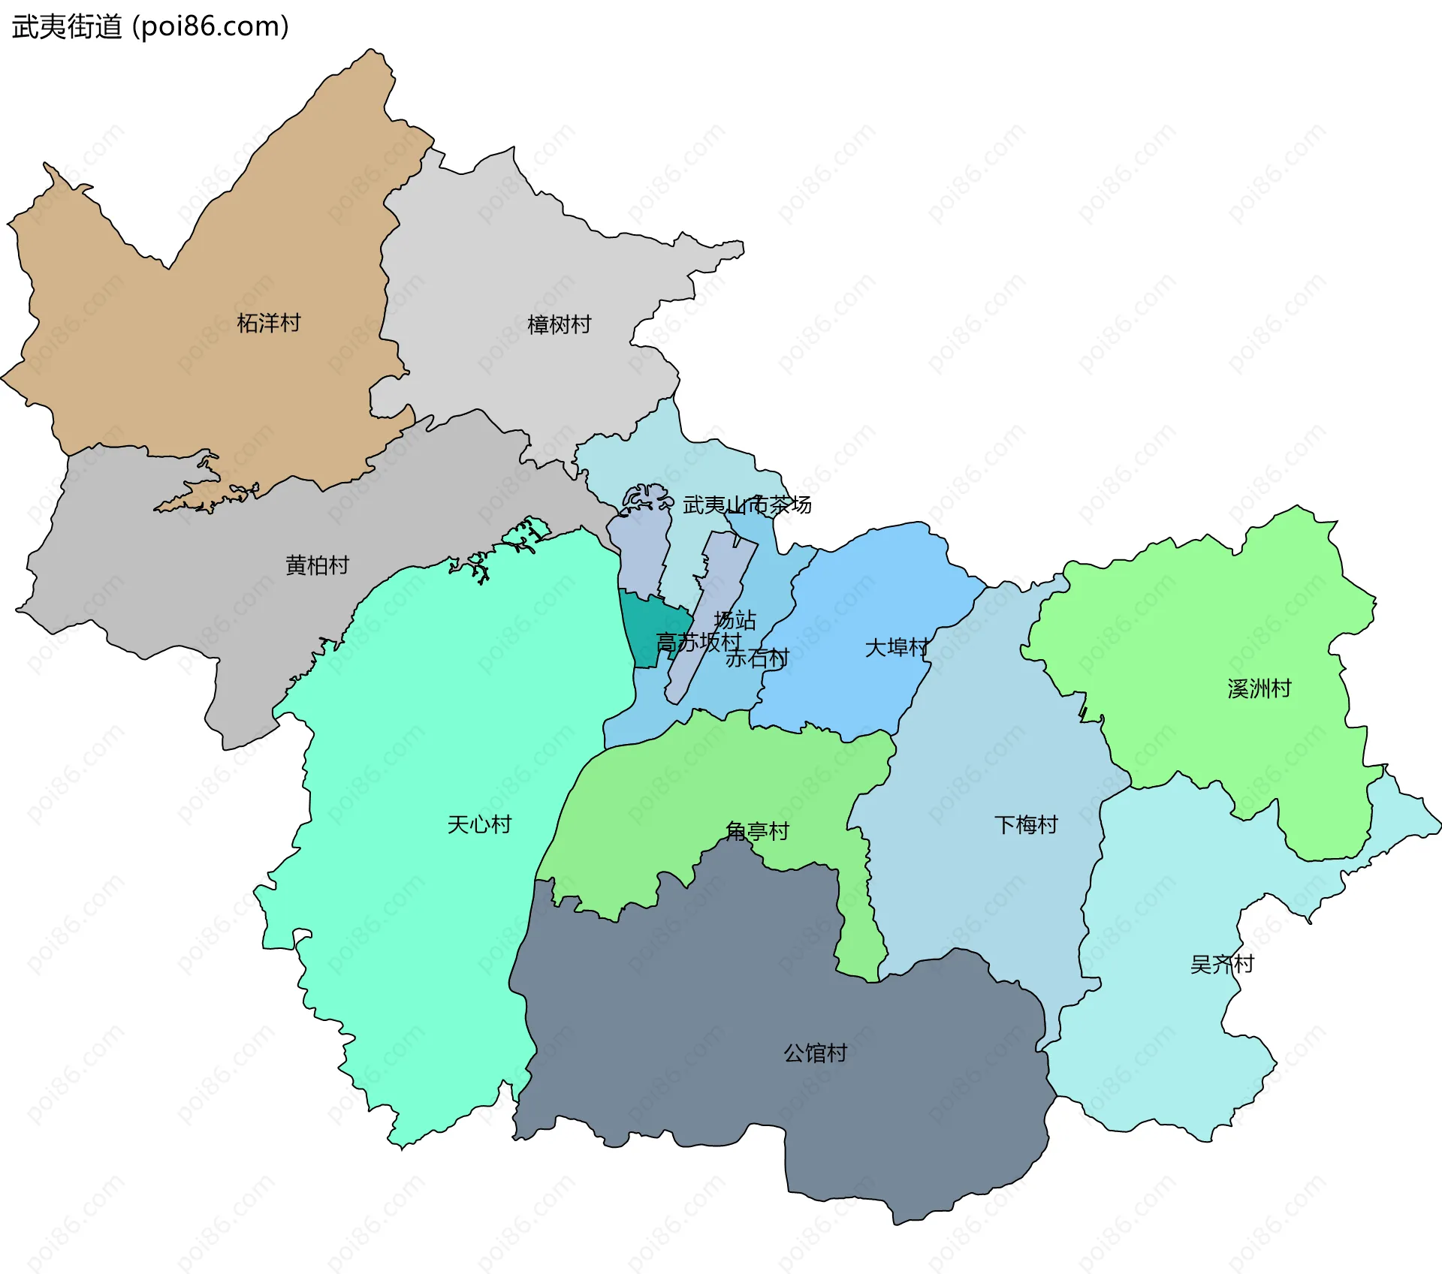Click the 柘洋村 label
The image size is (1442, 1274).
point(268,323)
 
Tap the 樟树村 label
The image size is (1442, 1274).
point(559,324)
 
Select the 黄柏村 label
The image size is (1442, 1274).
point(317,565)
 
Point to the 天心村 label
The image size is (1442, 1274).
point(478,824)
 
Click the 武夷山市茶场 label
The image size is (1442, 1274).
point(747,504)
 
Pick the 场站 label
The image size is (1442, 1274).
point(735,620)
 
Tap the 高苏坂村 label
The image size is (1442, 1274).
point(698,642)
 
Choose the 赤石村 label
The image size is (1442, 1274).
point(757,658)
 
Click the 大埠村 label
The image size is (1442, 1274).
point(897,647)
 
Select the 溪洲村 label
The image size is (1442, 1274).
point(1259,688)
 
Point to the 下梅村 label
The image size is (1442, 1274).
point(1026,824)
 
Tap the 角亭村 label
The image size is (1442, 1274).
point(757,831)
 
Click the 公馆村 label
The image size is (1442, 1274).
point(815,1053)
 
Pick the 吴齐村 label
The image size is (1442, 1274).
point(1222,964)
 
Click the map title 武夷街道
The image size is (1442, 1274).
point(67,27)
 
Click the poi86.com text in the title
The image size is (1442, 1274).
point(210,27)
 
